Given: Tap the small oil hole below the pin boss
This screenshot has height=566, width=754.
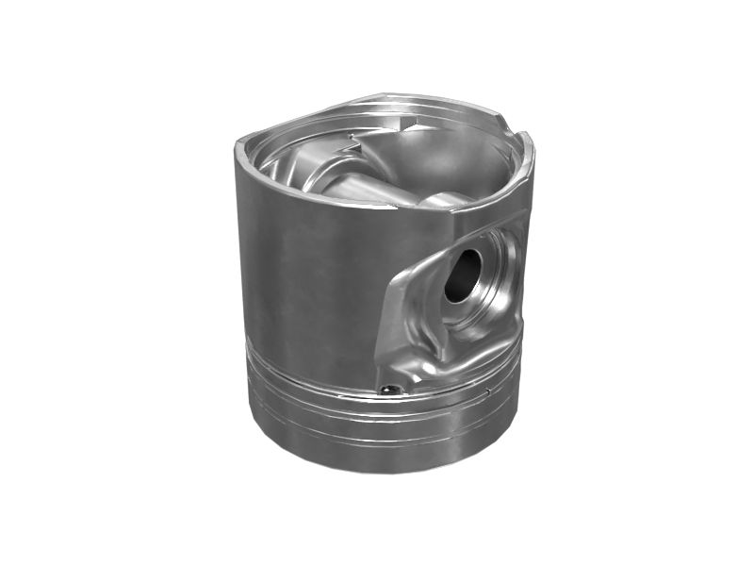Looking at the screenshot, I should [x=387, y=388].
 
